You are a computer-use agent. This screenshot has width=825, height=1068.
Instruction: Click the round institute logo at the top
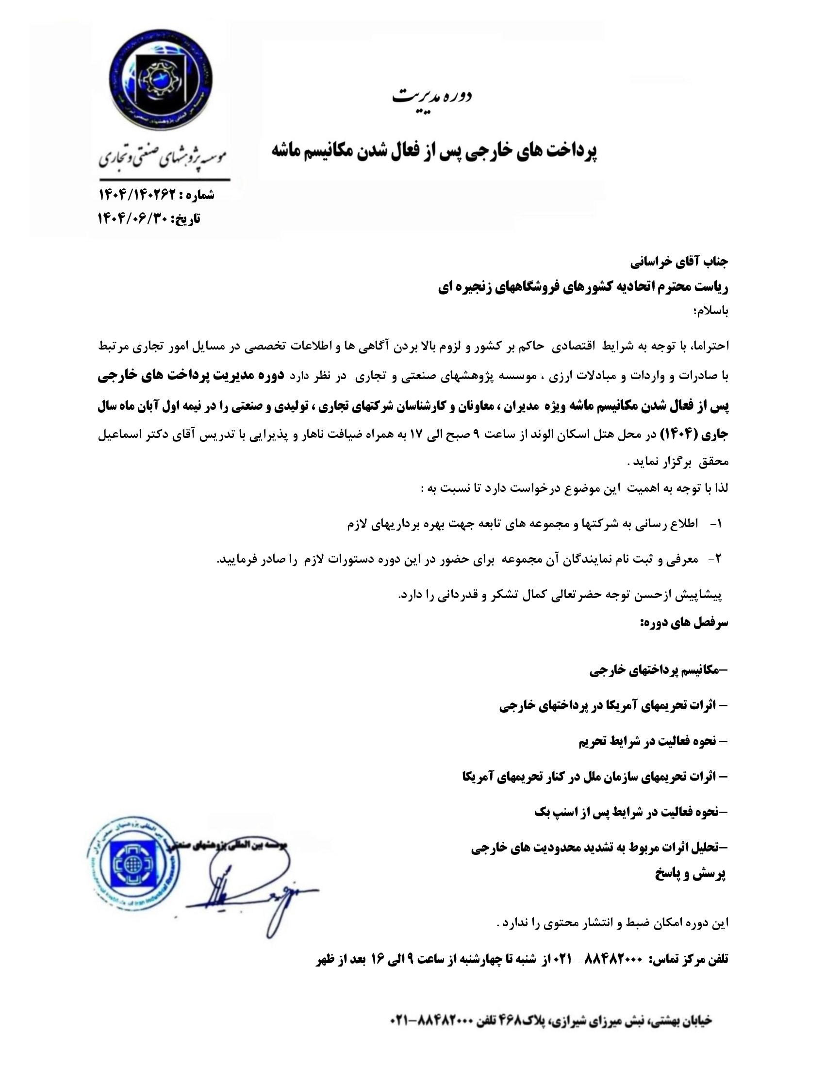pyautogui.click(x=160, y=82)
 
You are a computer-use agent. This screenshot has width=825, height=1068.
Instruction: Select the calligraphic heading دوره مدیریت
pyautogui.click(x=432, y=95)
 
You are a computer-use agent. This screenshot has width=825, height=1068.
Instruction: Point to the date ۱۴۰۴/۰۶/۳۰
pyautogui.click(x=133, y=218)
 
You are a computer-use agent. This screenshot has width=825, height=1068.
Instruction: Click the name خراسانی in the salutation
pyautogui.click(x=650, y=263)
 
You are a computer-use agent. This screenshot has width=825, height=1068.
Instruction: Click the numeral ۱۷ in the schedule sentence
pyautogui.click(x=422, y=434)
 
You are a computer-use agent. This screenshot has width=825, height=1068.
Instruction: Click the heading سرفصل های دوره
pyautogui.click(x=684, y=623)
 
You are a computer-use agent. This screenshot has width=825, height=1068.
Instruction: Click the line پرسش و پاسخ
pyautogui.click(x=690, y=874)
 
